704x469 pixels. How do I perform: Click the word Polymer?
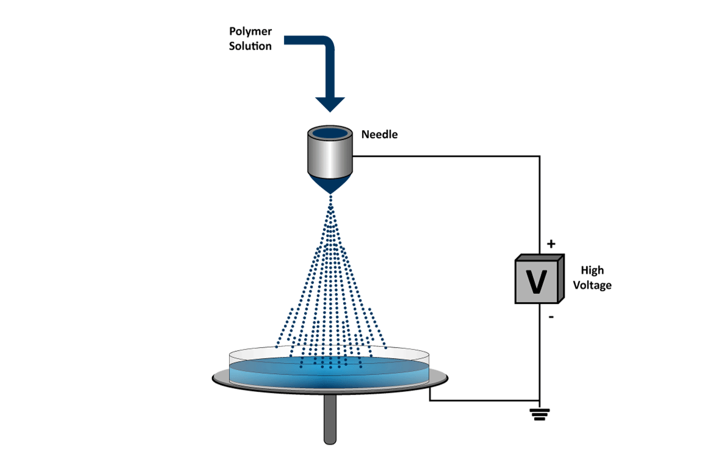click(250, 31)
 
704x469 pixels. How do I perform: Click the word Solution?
click(250, 46)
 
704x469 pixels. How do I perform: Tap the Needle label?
click(379, 135)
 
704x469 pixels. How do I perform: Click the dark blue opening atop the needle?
click(330, 133)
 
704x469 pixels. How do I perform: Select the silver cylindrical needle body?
click(330, 157)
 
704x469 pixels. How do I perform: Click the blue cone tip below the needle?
click(330, 184)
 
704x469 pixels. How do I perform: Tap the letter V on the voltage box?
click(536, 282)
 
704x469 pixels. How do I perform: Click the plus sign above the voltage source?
click(551, 244)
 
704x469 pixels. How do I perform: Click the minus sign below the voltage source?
click(551, 317)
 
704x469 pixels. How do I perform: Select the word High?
click(592, 270)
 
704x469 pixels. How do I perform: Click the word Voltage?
click(592, 285)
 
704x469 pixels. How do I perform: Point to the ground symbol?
click(539, 414)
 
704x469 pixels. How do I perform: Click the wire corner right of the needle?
click(539, 156)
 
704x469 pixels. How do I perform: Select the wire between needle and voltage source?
click(446, 156)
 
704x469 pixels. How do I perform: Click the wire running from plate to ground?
click(483, 401)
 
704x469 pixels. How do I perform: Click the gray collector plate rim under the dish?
click(221, 379)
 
